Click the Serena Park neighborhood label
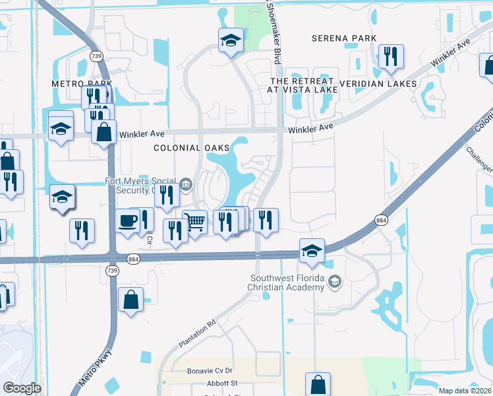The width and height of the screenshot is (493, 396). pyautogui.click(x=344, y=38)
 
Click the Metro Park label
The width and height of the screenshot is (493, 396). pyautogui.click(x=82, y=84)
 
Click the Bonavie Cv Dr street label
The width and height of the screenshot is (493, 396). pyautogui.click(x=211, y=371)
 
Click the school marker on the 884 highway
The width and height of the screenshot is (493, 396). pyautogui.click(x=312, y=250)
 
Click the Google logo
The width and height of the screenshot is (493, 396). pyautogui.click(x=22, y=388)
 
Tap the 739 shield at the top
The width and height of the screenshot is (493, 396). pyautogui.click(x=97, y=57)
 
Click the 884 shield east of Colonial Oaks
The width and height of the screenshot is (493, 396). pyautogui.click(x=380, y=220)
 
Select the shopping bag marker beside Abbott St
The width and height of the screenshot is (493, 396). pyautogui.click(x=318, y=383)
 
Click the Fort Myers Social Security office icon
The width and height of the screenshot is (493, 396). pyautogui.click(x=187, y=184)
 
